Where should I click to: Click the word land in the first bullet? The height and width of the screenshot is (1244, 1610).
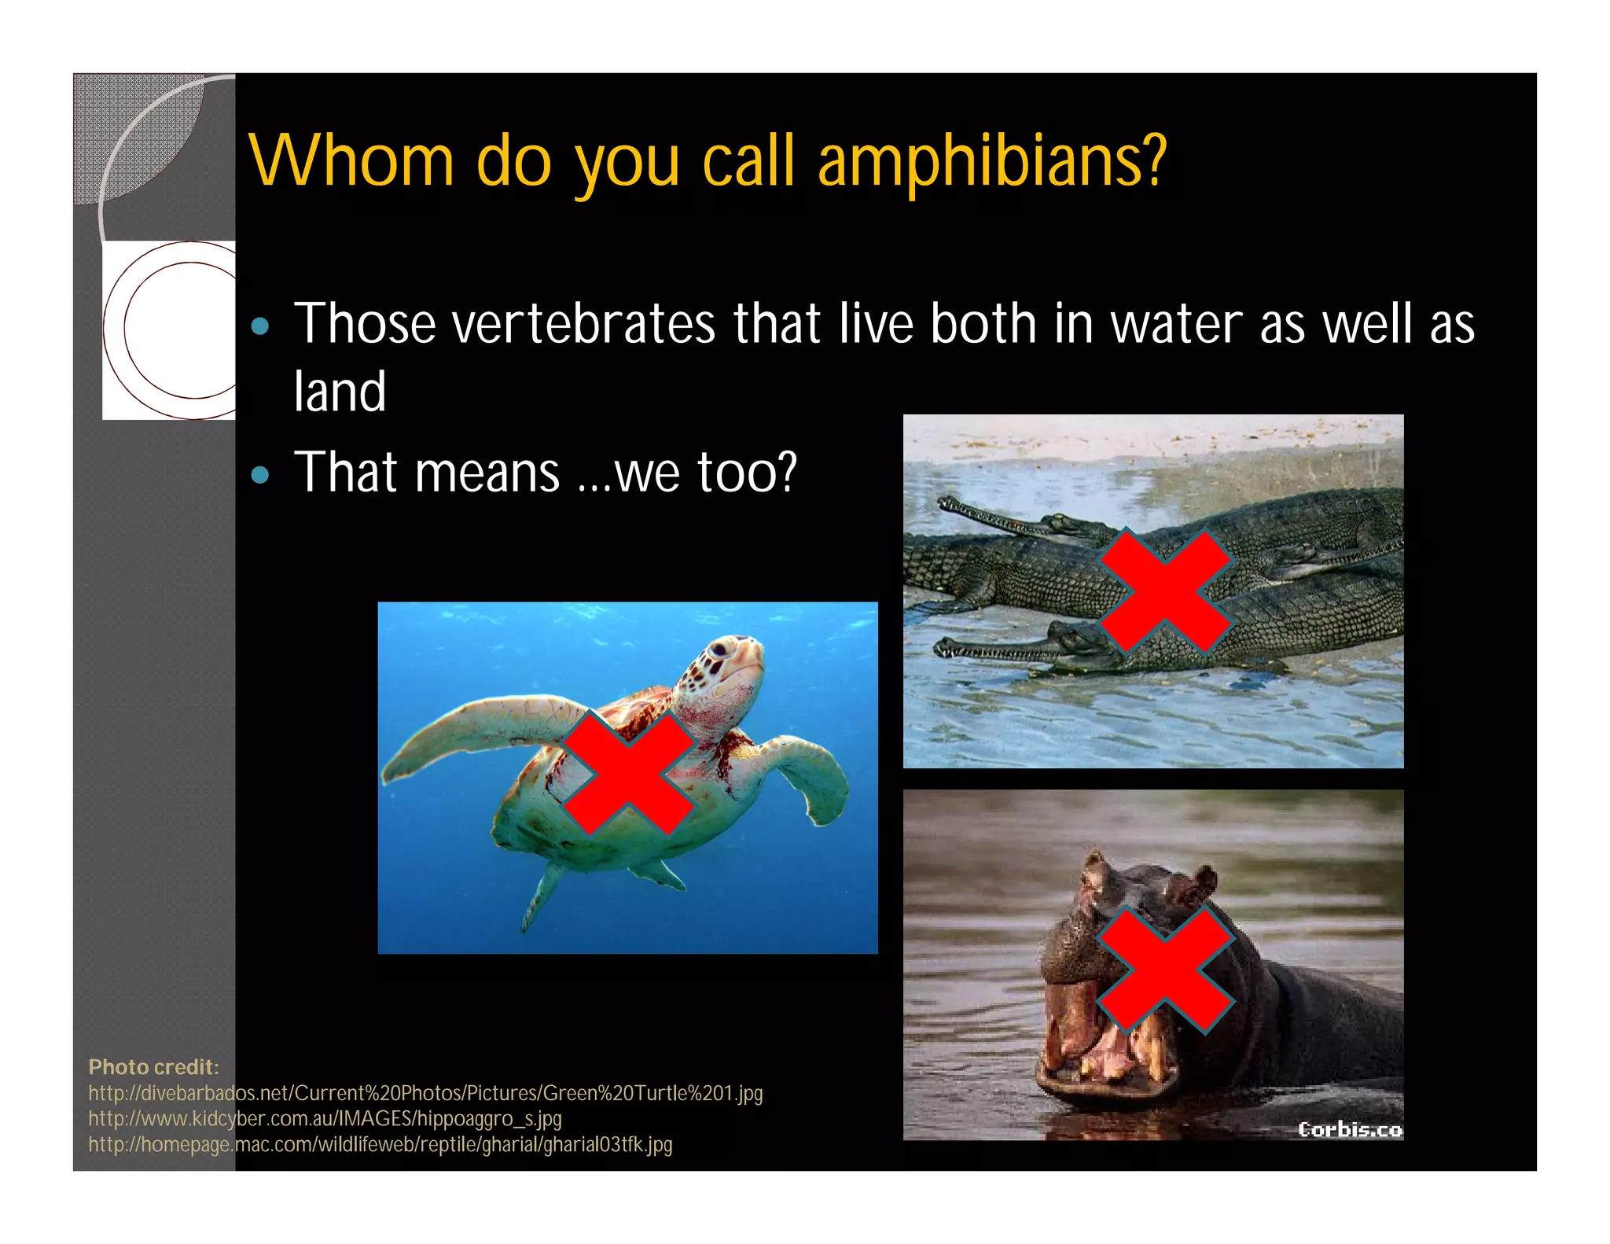[x=340, y=392]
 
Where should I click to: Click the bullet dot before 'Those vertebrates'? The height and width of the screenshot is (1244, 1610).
[x=260, y=326]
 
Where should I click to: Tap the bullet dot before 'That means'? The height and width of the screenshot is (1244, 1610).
[x=260, y=474]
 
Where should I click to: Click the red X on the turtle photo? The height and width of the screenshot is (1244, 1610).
[x=628, y=774]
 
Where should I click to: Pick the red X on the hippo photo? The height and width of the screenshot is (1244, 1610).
[x=1164, y=969]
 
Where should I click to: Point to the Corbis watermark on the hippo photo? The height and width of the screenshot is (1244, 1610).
[x=1349, y=1129]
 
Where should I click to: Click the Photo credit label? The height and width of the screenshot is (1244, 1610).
[x=153, y=1067]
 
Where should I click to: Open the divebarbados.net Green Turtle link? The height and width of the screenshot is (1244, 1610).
[x=425, y=1093]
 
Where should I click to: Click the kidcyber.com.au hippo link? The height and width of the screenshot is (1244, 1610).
[x=325, y=1118]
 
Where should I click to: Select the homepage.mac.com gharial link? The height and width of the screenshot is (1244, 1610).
[x=380, y=1144]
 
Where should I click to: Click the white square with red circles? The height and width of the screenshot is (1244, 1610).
[x=169, y=330]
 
